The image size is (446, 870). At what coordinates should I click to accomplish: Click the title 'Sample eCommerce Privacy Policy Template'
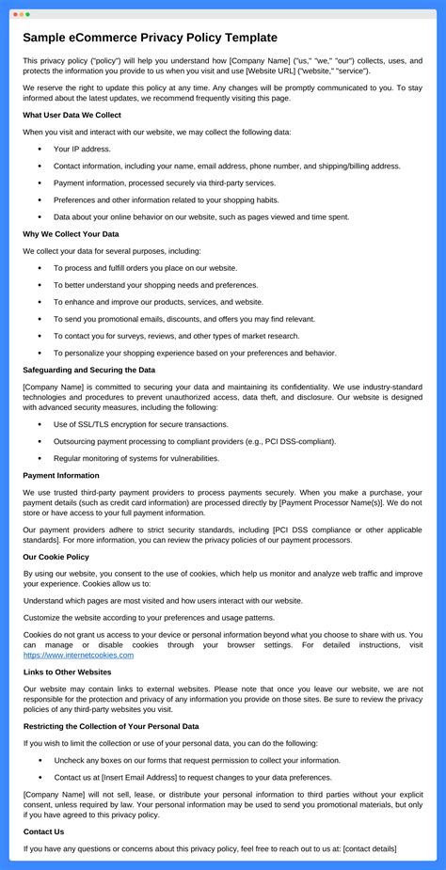tap(150, 38)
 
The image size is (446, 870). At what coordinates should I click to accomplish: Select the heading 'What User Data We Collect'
tap(72, 115)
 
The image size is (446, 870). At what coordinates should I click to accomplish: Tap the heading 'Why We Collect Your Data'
tap(71, 233)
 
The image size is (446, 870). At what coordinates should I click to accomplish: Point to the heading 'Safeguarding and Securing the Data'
tap(88, 370)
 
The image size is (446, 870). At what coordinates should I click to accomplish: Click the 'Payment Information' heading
tap(60, 475)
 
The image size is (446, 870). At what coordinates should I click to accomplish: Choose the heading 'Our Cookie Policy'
tap(56, 557)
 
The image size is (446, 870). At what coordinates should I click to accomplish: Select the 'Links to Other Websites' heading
tap(67, 672)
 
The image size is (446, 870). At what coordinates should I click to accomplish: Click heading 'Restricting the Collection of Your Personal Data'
tap(111, 726)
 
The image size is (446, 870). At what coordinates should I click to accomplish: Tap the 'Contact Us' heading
tap(43, 831)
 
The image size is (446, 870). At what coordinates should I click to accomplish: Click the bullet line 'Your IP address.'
tap(82, 149)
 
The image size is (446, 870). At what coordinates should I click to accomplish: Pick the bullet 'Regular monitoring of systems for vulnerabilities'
tap(135, 458)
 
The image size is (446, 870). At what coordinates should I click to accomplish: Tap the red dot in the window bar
tap(14, 14)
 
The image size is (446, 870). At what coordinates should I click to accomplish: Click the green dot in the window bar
tap(27, 14)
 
